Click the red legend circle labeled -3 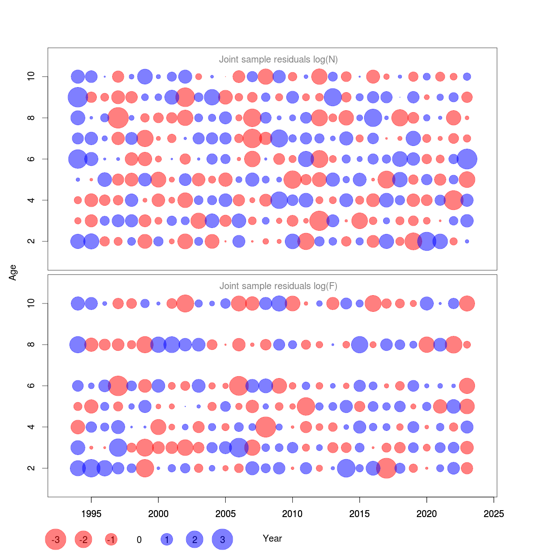tap(56, 539)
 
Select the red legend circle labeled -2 tap(83, 539)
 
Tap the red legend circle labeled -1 tap(111, 539)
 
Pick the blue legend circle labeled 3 tap(222, 539)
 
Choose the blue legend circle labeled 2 tap(195, 539)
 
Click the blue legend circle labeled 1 tap(167, 539)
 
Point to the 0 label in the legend tap(139, 540)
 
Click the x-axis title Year tap(272, 538)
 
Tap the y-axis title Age tap(13, 272)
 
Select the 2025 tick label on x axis tap(493, 514)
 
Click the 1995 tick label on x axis tap(91, 514)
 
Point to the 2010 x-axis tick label tap(292, 514)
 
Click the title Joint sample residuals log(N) tap(278, 59)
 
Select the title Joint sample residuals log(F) tap(278, 286)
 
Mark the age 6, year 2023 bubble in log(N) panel tap(467, 159)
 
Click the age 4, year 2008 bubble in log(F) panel tap(265, 427)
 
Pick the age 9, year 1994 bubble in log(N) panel tap(78, 97)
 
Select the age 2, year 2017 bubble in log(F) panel tap(386, 468)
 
